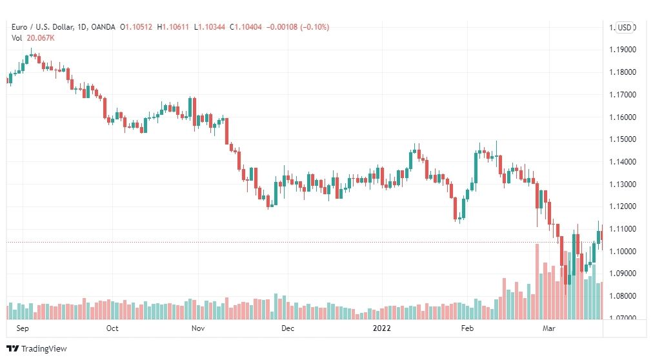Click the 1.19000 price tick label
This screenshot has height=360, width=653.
(623, 50)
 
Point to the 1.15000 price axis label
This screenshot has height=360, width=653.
(623, 139)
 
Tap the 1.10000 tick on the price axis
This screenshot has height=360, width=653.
(623, 252)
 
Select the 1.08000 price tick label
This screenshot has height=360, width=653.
(623, 296)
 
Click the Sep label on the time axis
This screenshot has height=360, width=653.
(23, 328)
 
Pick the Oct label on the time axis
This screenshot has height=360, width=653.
(112, 328)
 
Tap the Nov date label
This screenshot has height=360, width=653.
(198, 328)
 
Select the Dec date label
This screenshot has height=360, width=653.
(288, 328)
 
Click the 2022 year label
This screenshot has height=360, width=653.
(382, 328)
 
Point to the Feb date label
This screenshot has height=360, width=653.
(467, 328)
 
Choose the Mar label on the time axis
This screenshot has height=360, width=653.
(549, 328)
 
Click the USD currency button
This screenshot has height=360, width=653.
(624, 28)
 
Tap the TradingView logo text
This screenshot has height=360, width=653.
(44, 349)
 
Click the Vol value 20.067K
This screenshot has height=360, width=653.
(41, 38)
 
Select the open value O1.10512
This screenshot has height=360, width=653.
(136, 27)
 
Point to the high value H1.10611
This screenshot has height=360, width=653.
(173, 27)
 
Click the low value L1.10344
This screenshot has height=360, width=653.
(210, 27)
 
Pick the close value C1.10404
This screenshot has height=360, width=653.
(246, 27)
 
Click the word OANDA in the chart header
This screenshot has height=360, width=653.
(103, 27)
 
